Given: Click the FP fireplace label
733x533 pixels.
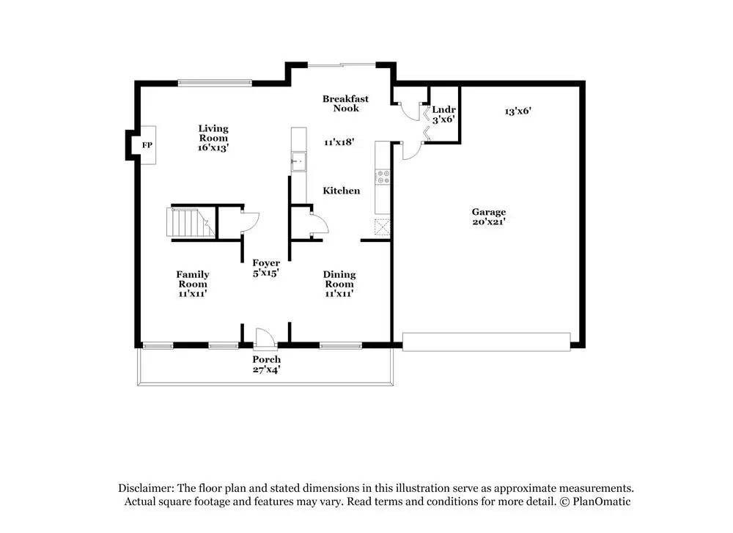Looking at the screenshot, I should click(x=147, y=146).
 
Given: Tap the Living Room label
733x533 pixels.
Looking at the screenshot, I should click(x=213, y=138).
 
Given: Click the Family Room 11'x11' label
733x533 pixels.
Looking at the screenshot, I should click(x=193, y=284).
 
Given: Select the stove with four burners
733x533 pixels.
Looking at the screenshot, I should click(x=383, y=177).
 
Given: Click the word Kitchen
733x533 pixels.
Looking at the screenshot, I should click(x=342, y=191).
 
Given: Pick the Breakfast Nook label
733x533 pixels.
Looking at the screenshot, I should click(x=345, y=103).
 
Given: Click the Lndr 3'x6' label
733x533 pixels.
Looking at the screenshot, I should click(x=443, y=114).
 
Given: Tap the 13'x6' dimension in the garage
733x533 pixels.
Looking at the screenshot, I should click(x=517, y=111).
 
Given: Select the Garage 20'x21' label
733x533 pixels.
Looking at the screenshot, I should click(x=488, y=216).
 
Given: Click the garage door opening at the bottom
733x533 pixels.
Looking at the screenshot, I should click(x=486, y=342).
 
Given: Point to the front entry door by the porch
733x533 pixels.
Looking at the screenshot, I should click(x=264, y=338).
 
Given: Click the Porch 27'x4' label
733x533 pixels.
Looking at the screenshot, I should click(x=266, y=364).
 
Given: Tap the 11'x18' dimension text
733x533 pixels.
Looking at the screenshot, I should click(x=340, y=142).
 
